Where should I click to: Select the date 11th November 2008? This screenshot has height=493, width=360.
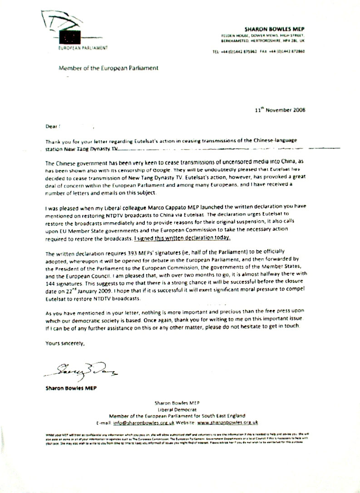coord(281,110)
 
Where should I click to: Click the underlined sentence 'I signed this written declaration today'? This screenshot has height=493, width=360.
coord(192,238)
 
